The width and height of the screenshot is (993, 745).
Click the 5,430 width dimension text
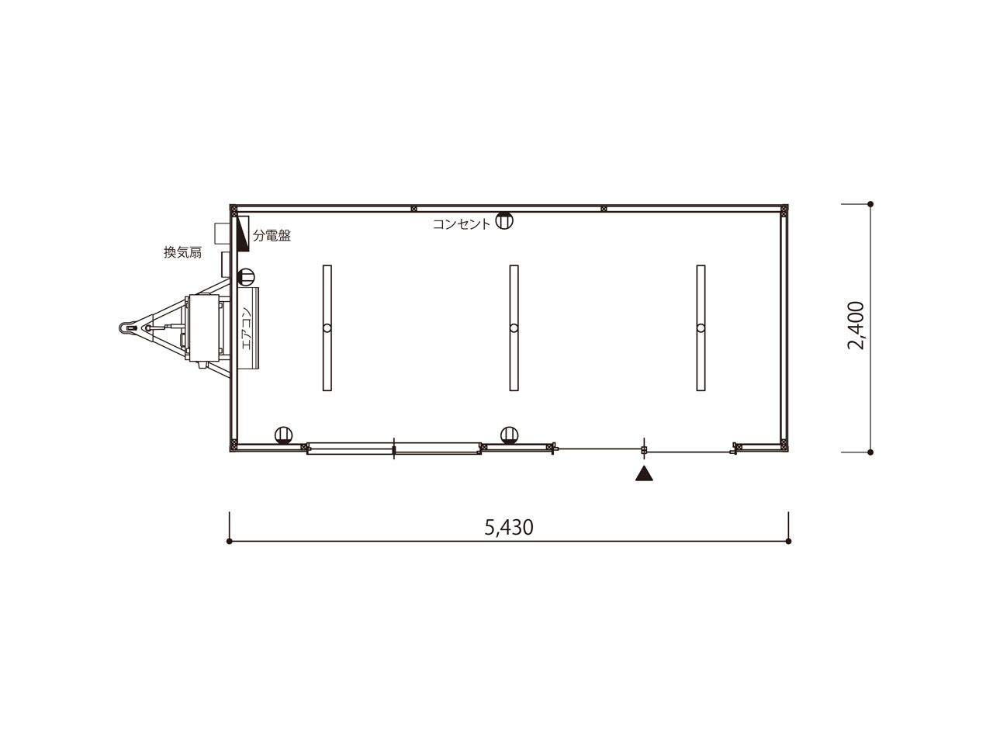tap(508, 528)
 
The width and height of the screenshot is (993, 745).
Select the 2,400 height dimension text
tap(855, 326)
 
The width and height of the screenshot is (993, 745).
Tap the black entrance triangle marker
tap(644, 473)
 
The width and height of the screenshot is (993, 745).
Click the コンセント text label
tap(462, 224)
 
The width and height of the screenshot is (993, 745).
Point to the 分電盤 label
tap(272, 235)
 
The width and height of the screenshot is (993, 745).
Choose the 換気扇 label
tap(182, 252)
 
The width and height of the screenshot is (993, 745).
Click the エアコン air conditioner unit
tap(247, 329)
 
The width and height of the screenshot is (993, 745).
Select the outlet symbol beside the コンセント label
tap(503, 220)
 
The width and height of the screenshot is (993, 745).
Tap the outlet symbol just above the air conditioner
tap(246, 276)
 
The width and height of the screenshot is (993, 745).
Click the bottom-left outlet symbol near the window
tap(284, 435)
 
